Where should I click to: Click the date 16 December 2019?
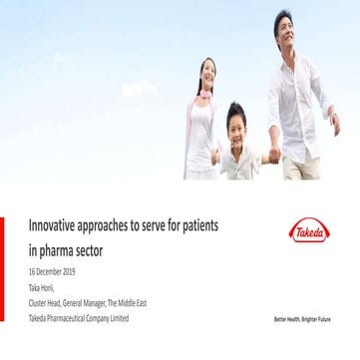click(x=51, y=271)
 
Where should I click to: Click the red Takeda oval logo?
click(x=309, y=231)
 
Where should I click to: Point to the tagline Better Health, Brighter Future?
click(x=302, y=319)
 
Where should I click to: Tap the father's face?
click(x=284, y=28)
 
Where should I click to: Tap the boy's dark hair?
click(x=237, y=109)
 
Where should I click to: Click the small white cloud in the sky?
click(x=139, y=88)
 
